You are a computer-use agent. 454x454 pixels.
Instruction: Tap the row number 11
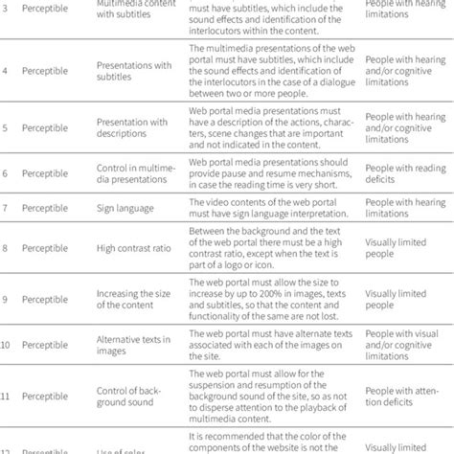point(8,396)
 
